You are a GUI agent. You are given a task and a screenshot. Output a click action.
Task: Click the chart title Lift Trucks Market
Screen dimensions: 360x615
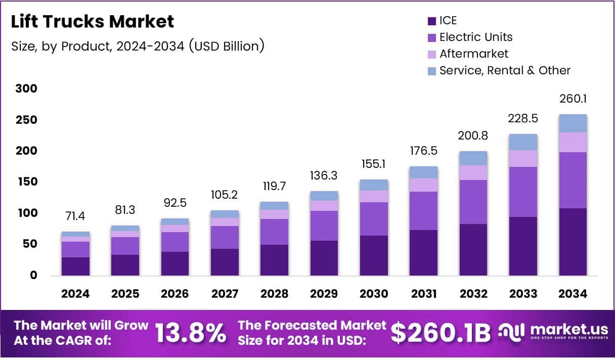(93, 21)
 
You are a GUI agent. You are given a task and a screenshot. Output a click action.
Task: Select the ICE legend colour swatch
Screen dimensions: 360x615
(431, 21)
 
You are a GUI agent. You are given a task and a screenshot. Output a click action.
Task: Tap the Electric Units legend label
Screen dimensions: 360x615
(476, 37)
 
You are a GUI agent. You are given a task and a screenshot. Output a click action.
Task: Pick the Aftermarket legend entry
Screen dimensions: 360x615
(474, 54)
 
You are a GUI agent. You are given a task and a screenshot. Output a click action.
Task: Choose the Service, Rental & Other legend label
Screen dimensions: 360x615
(505, 70)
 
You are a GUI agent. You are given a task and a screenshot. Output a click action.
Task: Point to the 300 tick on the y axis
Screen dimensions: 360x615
(26, 89)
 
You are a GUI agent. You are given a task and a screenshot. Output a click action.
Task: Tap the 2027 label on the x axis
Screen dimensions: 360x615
(225, 294)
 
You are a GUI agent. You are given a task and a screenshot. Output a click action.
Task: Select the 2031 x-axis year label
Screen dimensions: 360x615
(423, 294)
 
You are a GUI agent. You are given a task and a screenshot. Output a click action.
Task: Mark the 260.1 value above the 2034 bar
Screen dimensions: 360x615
(573, 99)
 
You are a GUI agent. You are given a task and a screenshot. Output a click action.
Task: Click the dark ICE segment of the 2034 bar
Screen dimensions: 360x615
(573, 242)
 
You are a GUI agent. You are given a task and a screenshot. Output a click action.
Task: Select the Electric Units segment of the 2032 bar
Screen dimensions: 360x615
(473, 202)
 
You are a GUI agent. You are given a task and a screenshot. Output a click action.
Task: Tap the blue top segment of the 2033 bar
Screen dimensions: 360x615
(523, 142)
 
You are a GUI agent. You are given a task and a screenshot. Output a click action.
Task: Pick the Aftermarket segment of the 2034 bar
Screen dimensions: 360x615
(573, 142)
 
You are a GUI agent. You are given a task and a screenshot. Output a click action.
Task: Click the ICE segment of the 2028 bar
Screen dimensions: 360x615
(275, 260)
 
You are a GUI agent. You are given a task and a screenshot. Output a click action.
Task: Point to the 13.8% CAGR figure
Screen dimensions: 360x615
(190, 333)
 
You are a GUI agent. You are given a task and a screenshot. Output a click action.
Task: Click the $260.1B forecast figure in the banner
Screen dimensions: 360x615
(441, 333)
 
